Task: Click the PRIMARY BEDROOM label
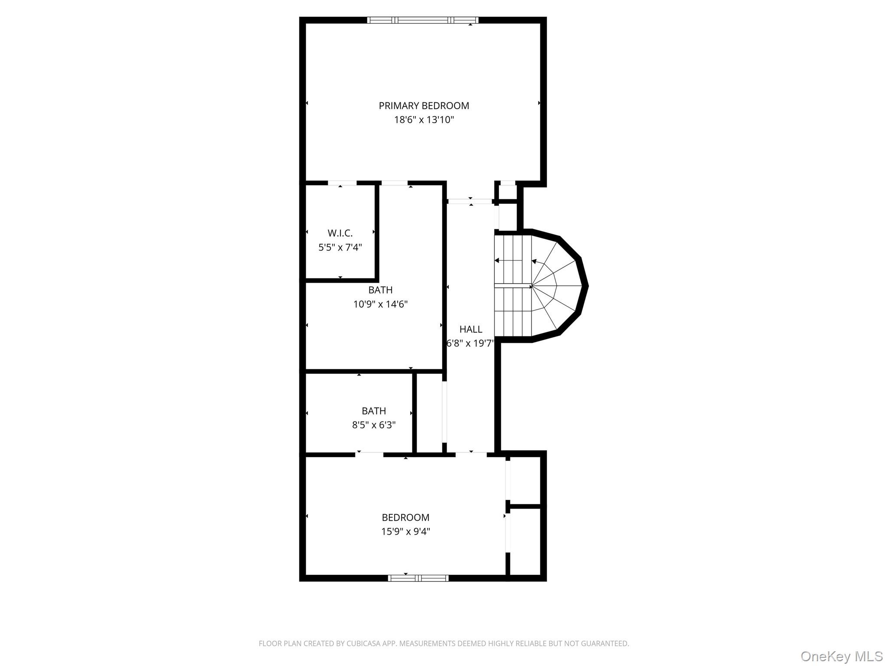point(424,105)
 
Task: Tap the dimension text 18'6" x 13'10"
point(424,120)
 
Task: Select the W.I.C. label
point(340,233)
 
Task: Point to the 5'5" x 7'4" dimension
point(340,248)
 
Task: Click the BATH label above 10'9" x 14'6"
point(380,290)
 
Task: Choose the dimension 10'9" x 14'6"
point(380,304)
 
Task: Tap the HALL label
point(470,329)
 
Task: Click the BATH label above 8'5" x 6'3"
point(374,411)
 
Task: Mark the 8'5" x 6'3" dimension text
point(374,425)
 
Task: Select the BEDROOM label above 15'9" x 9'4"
point(405,517)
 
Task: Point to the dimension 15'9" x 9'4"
point(405,532)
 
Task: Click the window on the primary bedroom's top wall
point(423,20)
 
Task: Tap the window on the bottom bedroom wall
point(418,578)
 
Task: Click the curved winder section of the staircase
point(557,286)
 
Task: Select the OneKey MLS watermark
point(841,656)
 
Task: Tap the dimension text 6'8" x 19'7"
point(470,343)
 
